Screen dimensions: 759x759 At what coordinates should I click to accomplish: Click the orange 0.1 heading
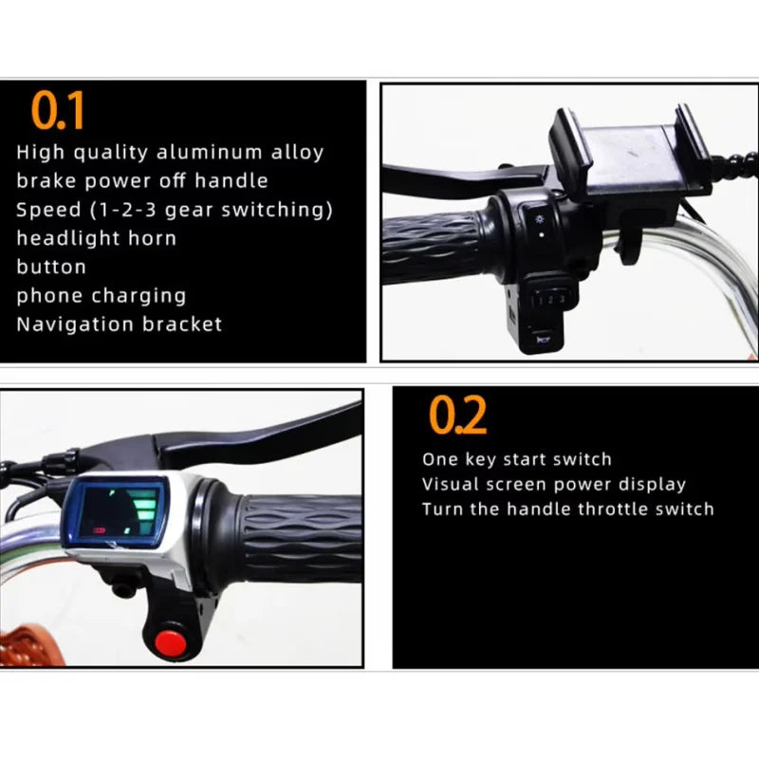click(x=60, y=111)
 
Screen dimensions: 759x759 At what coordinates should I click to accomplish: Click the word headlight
click(x=60, y=237)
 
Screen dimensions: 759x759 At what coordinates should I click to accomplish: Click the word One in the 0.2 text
click(x=439, y=459)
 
